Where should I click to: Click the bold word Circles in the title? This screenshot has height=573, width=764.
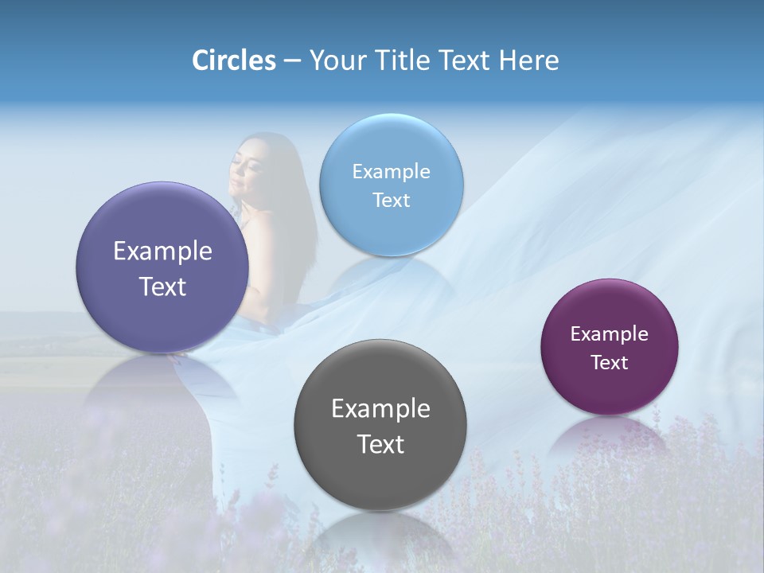(x=233, y=60)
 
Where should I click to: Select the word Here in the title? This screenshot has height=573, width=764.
(x=528, y=60)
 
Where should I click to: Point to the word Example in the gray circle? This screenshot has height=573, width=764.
(x=380, y=409)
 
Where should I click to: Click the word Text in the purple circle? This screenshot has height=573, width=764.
(x=610, y=363)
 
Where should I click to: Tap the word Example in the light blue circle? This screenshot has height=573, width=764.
(x=392, y=172)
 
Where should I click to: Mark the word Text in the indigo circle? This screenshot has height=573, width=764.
(x=162, y=286)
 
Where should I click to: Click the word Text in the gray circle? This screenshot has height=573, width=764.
(x=380, y=445)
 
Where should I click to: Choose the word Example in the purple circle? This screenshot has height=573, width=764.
(x=610, y=334)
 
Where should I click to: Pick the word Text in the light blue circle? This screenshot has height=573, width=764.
(x=392, y=201)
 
